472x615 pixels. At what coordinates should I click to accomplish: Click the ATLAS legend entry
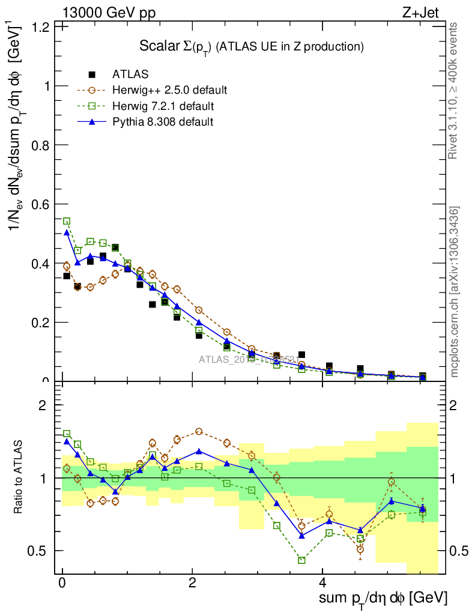[x=130, y=74]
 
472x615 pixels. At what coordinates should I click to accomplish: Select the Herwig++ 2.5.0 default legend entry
[x=169, y=90]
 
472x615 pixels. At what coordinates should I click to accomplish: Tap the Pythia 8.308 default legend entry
[x=163, y=121]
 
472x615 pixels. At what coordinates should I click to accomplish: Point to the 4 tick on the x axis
[x=322, y=583]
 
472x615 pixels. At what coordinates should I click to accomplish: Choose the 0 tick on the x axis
[x=62, y=583]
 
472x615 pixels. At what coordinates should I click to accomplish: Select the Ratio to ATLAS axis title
[x=19, y=477]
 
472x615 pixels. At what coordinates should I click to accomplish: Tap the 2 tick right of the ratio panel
[x=459, y=405]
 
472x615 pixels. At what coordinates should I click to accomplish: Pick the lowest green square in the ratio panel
[x=301, y=560]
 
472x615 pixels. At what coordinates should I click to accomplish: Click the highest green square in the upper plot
[x=67, y=221]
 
